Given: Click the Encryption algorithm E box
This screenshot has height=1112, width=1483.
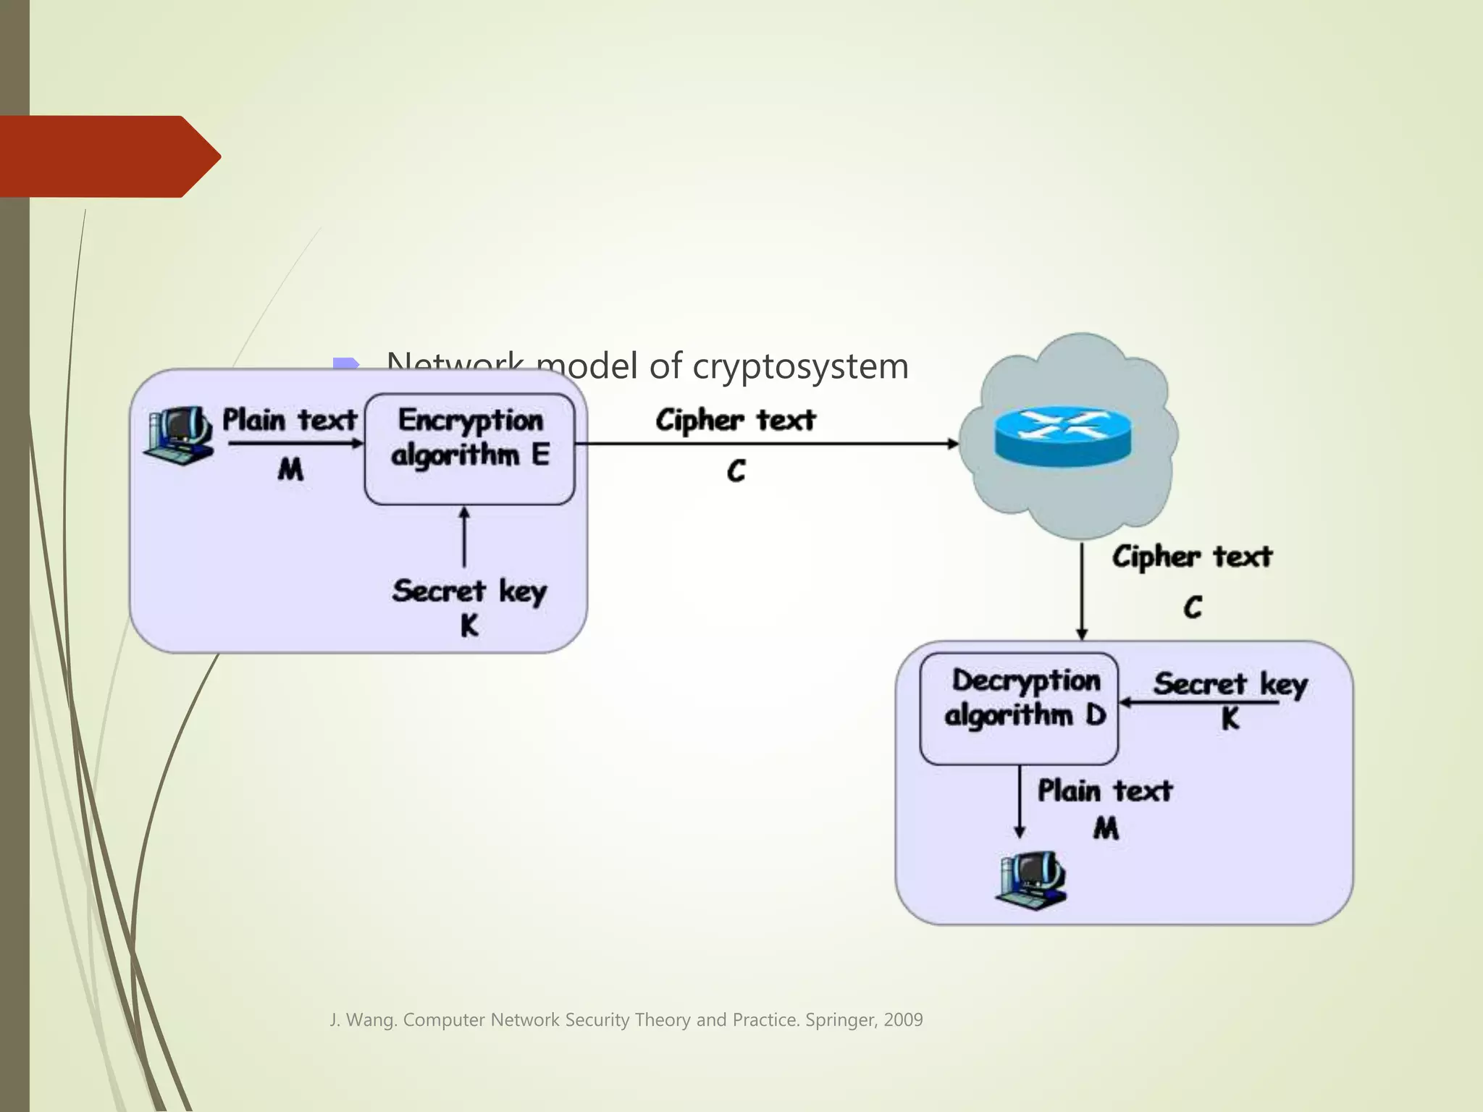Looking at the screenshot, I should (469, 448).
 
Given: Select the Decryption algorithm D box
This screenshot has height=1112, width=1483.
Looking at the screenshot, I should (1018, 709).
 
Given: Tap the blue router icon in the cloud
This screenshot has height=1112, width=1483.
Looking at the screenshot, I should (1062, 434).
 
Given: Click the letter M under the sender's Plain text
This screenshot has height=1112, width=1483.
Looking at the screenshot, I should (290, 470).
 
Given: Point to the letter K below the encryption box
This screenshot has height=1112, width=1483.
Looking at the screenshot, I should (469, 625).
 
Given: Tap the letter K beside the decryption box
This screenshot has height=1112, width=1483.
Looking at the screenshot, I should (1230, 719).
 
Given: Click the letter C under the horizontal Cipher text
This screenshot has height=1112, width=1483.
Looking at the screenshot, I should (736, 471).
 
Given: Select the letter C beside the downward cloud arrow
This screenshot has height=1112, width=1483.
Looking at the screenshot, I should (1193, 607).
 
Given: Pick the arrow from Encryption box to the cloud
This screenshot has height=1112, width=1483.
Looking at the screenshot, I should (768, 443).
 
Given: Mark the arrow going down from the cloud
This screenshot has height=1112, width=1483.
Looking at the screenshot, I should (1082, 590).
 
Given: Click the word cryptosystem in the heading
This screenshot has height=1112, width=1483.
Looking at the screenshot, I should (800, 366).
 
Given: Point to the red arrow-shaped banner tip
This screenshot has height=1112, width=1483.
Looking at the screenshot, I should (210, 156).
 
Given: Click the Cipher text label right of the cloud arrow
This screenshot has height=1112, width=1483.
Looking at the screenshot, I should (1192, 557).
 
